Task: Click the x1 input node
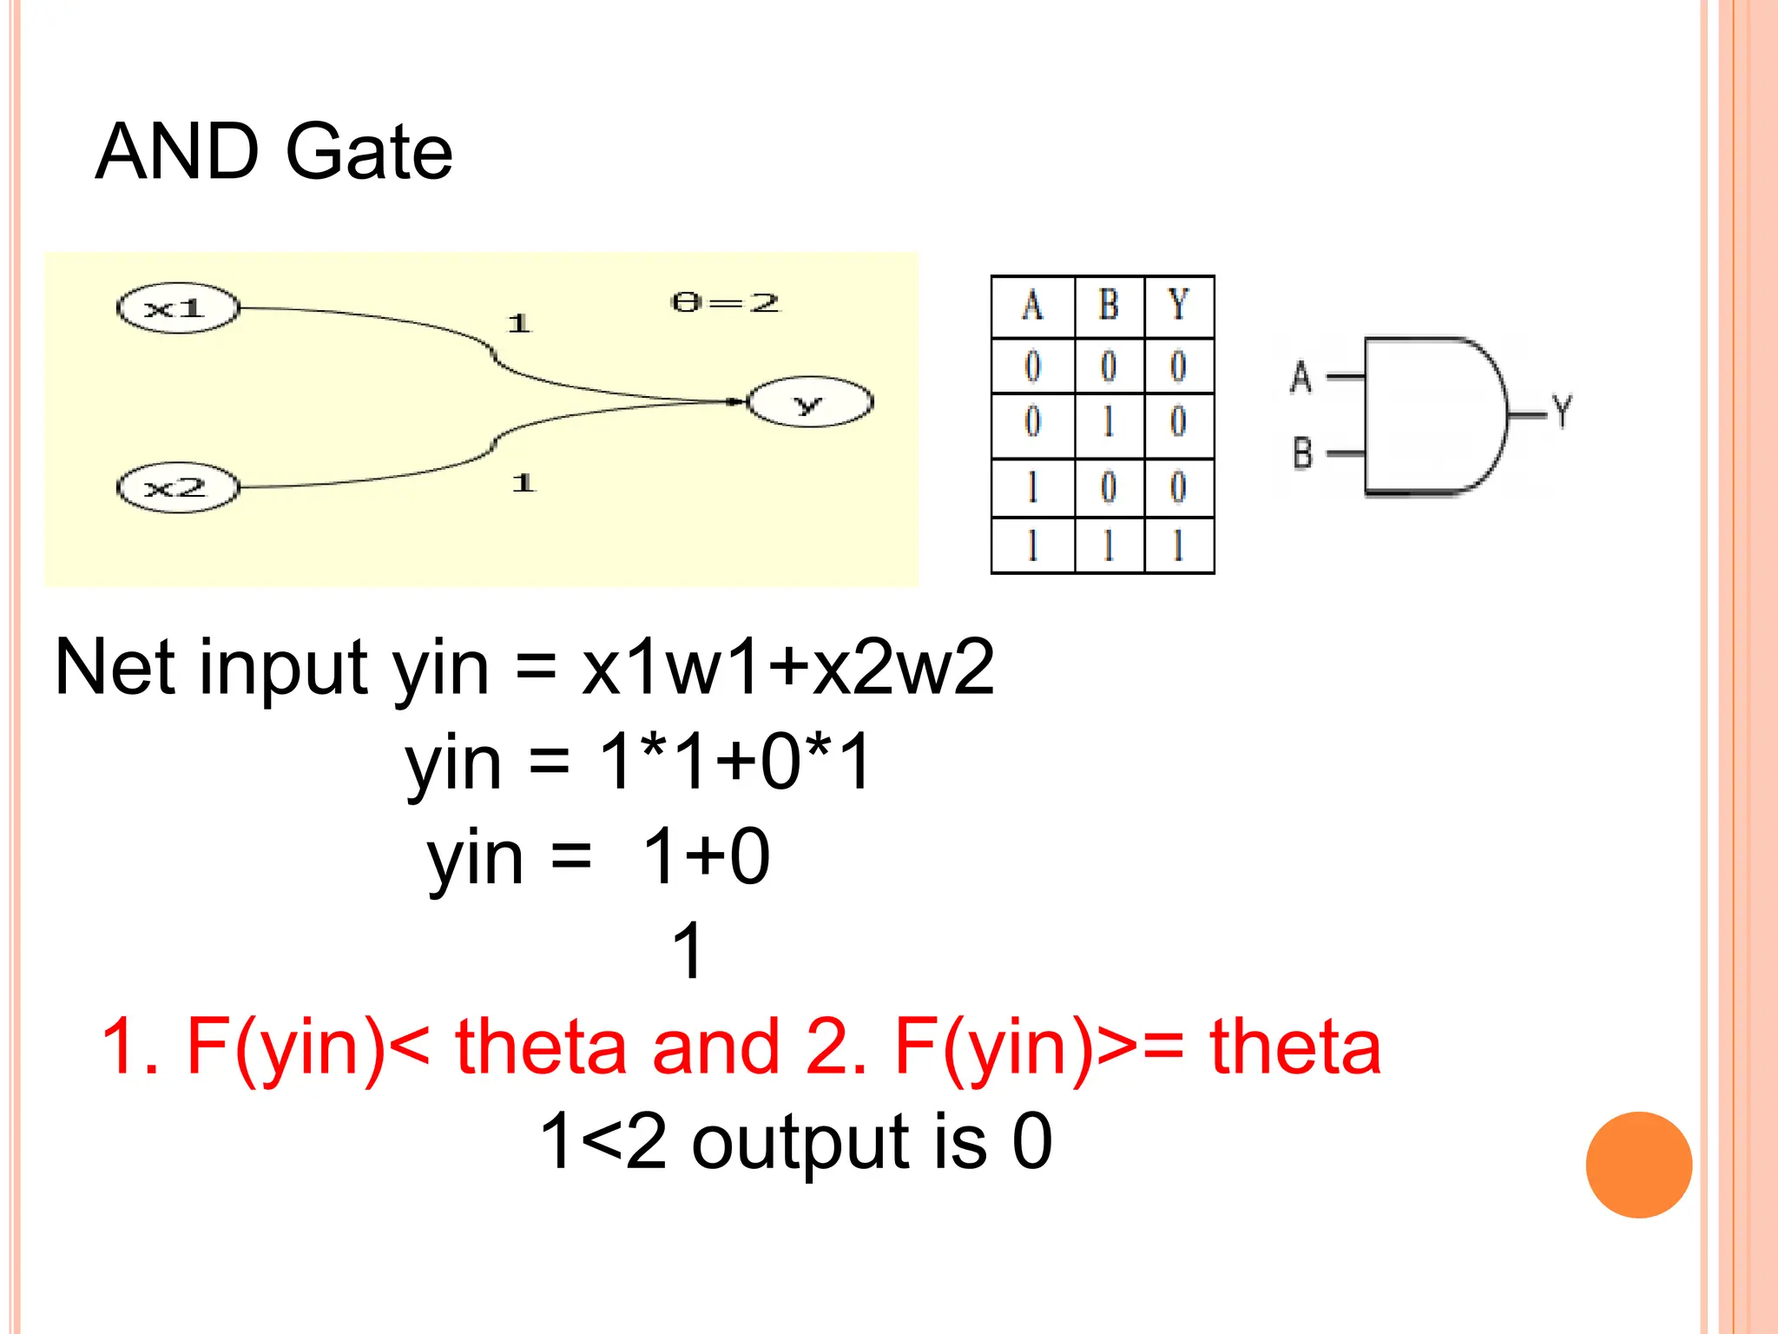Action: [177, 308]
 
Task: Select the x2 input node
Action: [177, 487]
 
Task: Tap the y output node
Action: [809, 402]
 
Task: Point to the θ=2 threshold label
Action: [725, 303]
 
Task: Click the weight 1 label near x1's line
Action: [518, 324]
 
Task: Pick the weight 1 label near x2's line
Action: [523, 482]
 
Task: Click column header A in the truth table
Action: [1032, 306]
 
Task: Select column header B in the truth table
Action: [1109, 306]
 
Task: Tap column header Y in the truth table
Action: [1178, 306]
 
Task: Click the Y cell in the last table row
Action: [1178, 546]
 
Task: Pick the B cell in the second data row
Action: [1109, 423]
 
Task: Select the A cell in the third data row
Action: [1032, 487]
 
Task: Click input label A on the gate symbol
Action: [1301, 377]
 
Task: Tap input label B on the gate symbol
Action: [1302, 453]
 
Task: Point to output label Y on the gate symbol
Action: [1563, 411]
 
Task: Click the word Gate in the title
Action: [368, 152]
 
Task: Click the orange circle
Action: [1638, 1165]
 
